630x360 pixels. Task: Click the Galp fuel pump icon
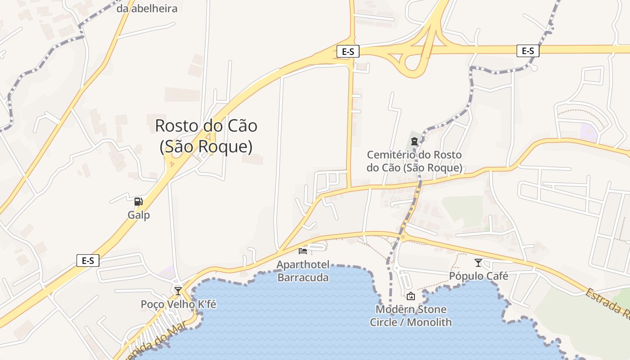[138, 202]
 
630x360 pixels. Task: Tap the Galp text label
[139, 215]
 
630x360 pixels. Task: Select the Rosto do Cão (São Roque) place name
[206, 136]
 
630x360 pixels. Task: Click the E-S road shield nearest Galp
[88, 261]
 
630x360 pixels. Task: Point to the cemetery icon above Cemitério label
[414, 141]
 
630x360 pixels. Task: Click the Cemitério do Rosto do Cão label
[414, 161]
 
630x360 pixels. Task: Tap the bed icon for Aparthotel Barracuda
[303, 251]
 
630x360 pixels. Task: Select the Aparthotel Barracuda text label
[303, 270]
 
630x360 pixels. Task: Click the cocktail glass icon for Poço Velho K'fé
[178, 291]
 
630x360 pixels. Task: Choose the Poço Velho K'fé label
[178, 304]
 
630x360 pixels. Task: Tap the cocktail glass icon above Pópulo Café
[478, 262]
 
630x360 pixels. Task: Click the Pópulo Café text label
[478, 276]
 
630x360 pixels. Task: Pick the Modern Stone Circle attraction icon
[410, 296]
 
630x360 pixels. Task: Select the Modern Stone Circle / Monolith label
[410, 316]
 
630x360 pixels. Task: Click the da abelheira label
[147, 8]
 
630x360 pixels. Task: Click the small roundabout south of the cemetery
[403, 236]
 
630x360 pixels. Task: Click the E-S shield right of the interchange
[527, 51]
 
